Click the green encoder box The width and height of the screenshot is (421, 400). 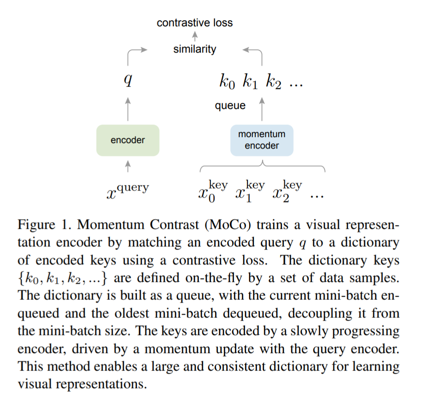(x=128, y=140)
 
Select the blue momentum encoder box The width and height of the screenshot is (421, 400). (x=262, y=140)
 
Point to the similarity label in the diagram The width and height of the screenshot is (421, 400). (x=195, y=49)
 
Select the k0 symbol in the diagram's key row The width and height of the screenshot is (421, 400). (x=227, y=83)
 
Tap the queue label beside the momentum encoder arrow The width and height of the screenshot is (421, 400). (x=230, y=106)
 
